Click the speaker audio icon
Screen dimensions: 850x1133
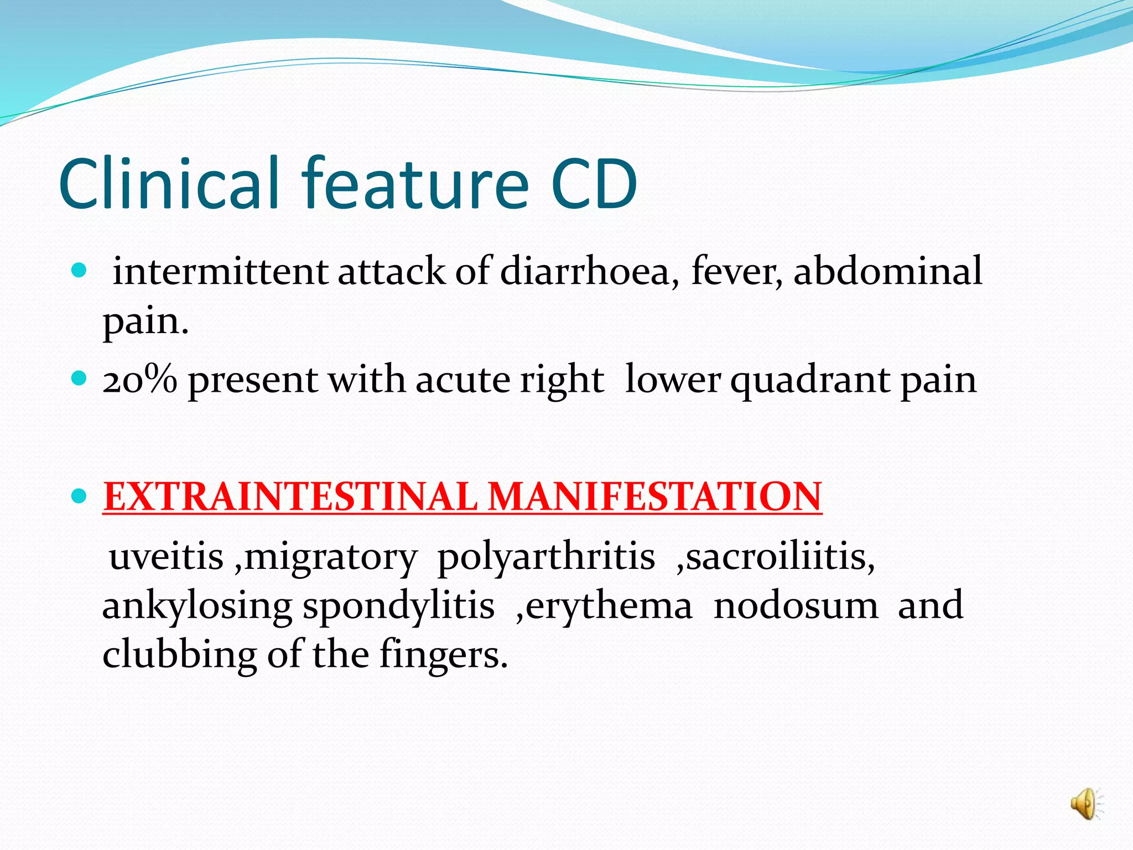pos(1085,804)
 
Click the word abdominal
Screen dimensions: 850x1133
pos(887,271)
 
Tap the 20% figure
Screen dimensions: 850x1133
pos(139,381)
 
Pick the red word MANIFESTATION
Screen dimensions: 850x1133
pos(655,496)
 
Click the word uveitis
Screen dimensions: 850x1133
pos(167,557)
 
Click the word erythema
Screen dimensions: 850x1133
pos(609,605)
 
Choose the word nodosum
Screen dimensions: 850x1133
pos(796,605)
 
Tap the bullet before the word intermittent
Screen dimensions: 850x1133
pos(80,271)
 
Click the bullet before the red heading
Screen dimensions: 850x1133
pos(80,495)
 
